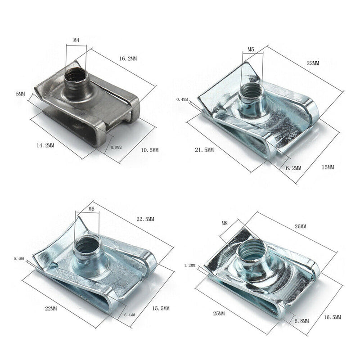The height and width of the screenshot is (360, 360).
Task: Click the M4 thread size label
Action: [76, 40]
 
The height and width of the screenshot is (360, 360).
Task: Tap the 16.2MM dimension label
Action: [128, 59]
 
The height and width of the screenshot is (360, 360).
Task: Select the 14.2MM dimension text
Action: [45, 145]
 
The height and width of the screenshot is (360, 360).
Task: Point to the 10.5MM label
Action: [150, 150]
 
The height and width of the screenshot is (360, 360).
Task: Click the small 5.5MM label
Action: [116, 148]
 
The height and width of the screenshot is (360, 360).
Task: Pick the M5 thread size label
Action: [251, 49]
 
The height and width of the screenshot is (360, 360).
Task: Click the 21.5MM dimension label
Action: [204, 150]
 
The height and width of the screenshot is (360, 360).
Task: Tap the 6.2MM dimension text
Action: [293, 168]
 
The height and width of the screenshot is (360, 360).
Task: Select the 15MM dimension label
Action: [328, 167]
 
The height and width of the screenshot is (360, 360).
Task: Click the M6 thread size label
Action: [91, 209]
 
